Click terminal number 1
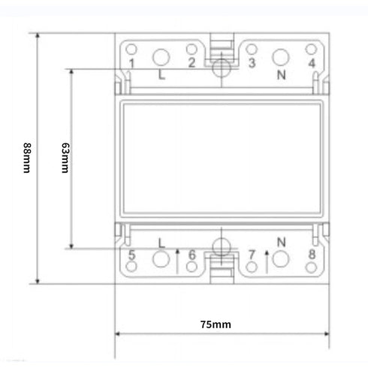pyautogui.click(x=131, y=64)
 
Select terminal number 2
pyautogui.click(x=192, y=63)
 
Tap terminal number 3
pyautogui.click(x=252, y=63)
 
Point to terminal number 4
pyautogui.click(x=311, y=63)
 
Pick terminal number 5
pyautogui.click(x=131, y=256)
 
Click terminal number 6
pyautogui.click(x=192, y=256)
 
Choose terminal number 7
pyautogui.click(x=252, y=256)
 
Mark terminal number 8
pyautogui.click(x=311, y=256)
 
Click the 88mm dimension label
pyautogui.click(x=28, y=158)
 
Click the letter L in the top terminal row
pyautogui.click(x=161, y=74)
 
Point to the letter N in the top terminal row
pyautogui.click(x=282, y=74)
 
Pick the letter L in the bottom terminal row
pyautogui.click(x=161, y=242)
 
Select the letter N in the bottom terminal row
pyautogui.click(x=282, y=242)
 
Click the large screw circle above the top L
pyautogui.click(x=161, y=56)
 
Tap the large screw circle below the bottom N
pyautogui.click(x=282, y=260)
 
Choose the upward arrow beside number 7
pyautogui.click(x=267, y=261)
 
